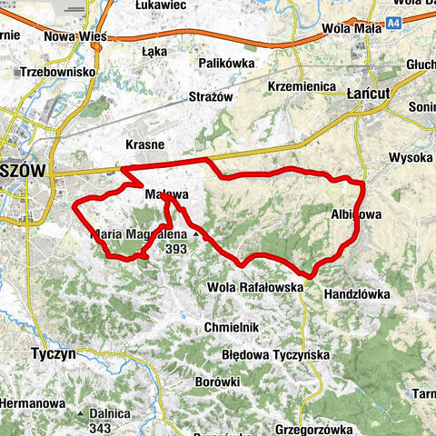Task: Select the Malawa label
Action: pos(165,194)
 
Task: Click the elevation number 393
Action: pos(177,247)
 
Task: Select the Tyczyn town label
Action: pos(53,352)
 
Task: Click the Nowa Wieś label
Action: pos(75,36)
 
